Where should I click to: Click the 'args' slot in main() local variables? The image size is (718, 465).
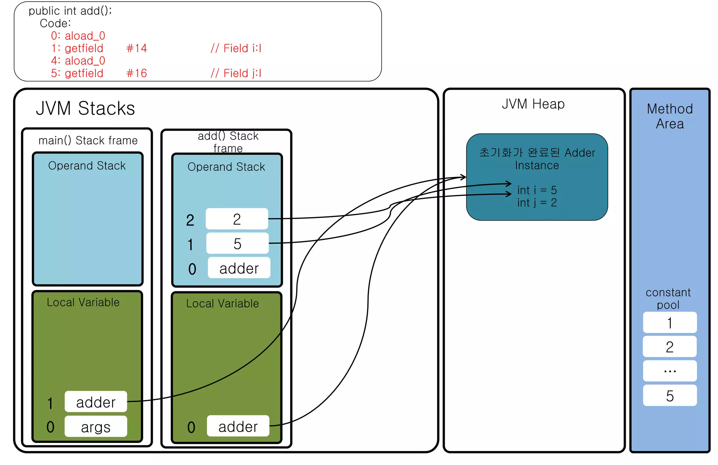pyautogui.click(x=96, y=426)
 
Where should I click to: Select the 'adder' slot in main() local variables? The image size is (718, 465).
pyautogui.click(x=96, y=402)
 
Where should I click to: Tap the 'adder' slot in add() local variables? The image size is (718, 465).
pyautogui.click(x=238, y=426)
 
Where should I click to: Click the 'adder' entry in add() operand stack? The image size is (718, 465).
pyautogui.click(x=239, y=268)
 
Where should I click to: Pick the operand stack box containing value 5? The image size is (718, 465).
pyautogui.click(x=237, y=243)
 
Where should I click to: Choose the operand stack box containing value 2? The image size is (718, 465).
pyautogui.click(x=237, y=219)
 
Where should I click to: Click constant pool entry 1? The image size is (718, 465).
pyautogui.click(x=670, y=323)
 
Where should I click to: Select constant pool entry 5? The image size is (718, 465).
pyautogui.click(x=670, y=396)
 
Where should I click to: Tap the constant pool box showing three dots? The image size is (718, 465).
pyautogui.click(x=670, y=371)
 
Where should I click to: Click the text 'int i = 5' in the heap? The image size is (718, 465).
pyautogui.click(x=537, y=190)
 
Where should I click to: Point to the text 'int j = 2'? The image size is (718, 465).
pyautogui.click(x=537, y=203)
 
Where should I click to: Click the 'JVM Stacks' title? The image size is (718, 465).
pyautogui.click(x=86, y=108)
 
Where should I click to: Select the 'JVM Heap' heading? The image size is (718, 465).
pyautogui.click(x=533, y=104)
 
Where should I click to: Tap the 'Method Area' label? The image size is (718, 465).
pyautogui.click(x=670, y=116)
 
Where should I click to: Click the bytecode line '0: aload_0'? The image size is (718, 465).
pyautogui.click(x=78, y=36)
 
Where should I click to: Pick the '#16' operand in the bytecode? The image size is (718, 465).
pyautogui.click(x=136, y=73)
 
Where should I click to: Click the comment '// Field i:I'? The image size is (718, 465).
pyautogui.click(x=236, y=48)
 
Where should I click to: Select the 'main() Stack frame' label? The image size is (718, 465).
pyautogui.click(x=88, y=140)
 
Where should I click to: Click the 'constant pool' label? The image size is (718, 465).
pyautogui.click(x=668, y=298)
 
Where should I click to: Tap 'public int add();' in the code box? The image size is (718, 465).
pyautogui.click(x=70, y=11)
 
